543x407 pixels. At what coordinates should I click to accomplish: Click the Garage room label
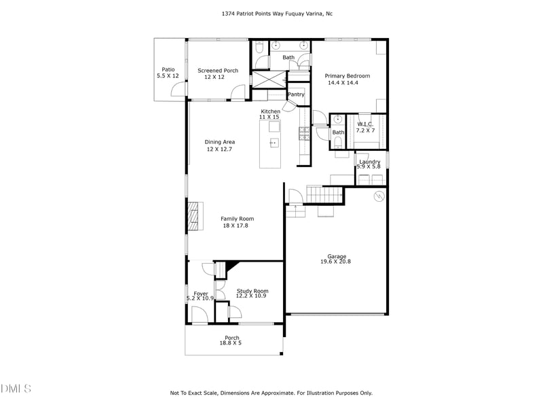click(337, 256)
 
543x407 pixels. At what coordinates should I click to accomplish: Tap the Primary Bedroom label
click(347, 76)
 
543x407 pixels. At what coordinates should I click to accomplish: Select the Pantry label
click(296, 94)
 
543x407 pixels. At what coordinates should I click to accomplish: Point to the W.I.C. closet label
click(366, 124)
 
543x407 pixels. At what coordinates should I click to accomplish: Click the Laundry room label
click(369, 162)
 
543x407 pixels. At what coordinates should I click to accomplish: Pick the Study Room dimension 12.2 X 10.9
click(252, 296)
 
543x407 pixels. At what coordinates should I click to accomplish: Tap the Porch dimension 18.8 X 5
click(230, 343)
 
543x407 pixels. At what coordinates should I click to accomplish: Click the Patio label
click(168, 69)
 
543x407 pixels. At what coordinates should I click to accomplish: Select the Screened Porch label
click(218, 71)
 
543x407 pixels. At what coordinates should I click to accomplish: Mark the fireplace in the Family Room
click(195, 216)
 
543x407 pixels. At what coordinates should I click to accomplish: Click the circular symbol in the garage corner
click(379, 196)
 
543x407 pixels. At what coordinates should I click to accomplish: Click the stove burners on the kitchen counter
click(304, 132)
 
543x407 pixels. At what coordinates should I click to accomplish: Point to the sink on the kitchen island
click(274, 142)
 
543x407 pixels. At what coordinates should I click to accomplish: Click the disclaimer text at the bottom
click(271, 393)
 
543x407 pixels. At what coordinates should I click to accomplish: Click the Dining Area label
click(219, 142)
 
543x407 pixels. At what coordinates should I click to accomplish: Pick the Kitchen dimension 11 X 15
click(269, 117)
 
